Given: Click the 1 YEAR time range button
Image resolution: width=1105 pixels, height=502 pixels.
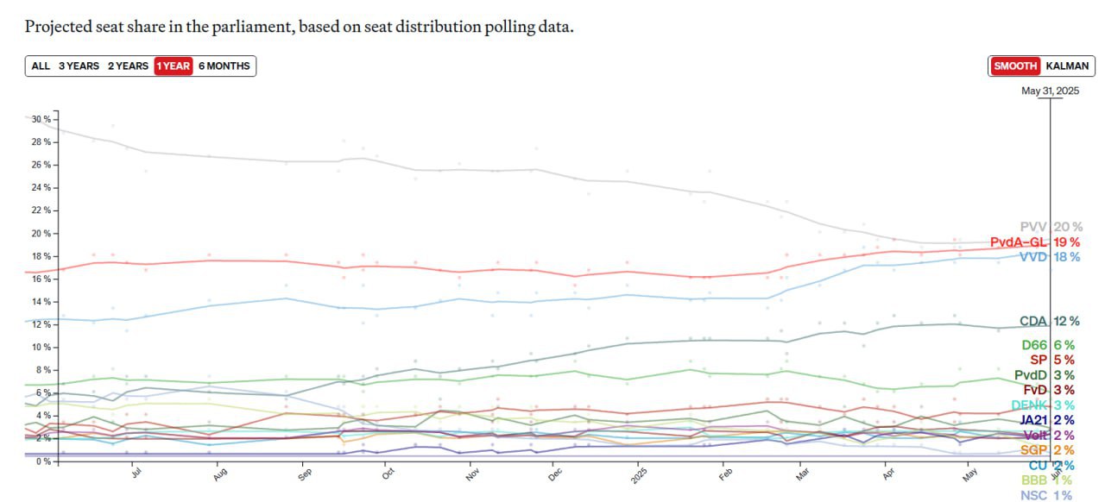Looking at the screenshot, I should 173,66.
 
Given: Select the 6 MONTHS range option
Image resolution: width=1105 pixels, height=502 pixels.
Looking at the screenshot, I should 224,66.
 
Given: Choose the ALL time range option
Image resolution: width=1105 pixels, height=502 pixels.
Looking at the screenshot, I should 41,66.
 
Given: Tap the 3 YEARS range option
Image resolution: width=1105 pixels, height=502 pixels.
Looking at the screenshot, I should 79,66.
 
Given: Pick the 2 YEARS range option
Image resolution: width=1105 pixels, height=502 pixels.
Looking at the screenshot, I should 128,66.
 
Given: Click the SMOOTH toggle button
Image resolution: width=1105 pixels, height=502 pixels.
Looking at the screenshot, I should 1015,66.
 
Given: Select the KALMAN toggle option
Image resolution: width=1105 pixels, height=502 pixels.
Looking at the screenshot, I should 1067,66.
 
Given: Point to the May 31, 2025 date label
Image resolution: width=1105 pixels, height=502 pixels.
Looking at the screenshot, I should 1050,91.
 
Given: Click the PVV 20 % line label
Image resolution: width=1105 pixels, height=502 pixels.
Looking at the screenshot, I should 1050,227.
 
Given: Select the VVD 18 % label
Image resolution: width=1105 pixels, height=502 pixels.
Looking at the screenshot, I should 1049,257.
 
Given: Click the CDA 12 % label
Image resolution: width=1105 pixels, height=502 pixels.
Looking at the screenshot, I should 1049,321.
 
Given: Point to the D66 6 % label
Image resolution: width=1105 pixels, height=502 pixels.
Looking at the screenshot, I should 1048,345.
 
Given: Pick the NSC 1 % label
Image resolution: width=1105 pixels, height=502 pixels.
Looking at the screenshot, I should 1045,495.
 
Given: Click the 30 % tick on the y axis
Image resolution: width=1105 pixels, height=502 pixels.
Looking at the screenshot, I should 41,119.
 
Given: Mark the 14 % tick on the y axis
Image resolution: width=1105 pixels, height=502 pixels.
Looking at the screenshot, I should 41,302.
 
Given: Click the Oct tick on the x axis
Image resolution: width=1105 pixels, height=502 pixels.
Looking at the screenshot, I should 388,474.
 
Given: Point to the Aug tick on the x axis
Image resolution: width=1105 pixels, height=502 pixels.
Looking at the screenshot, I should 219,474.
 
